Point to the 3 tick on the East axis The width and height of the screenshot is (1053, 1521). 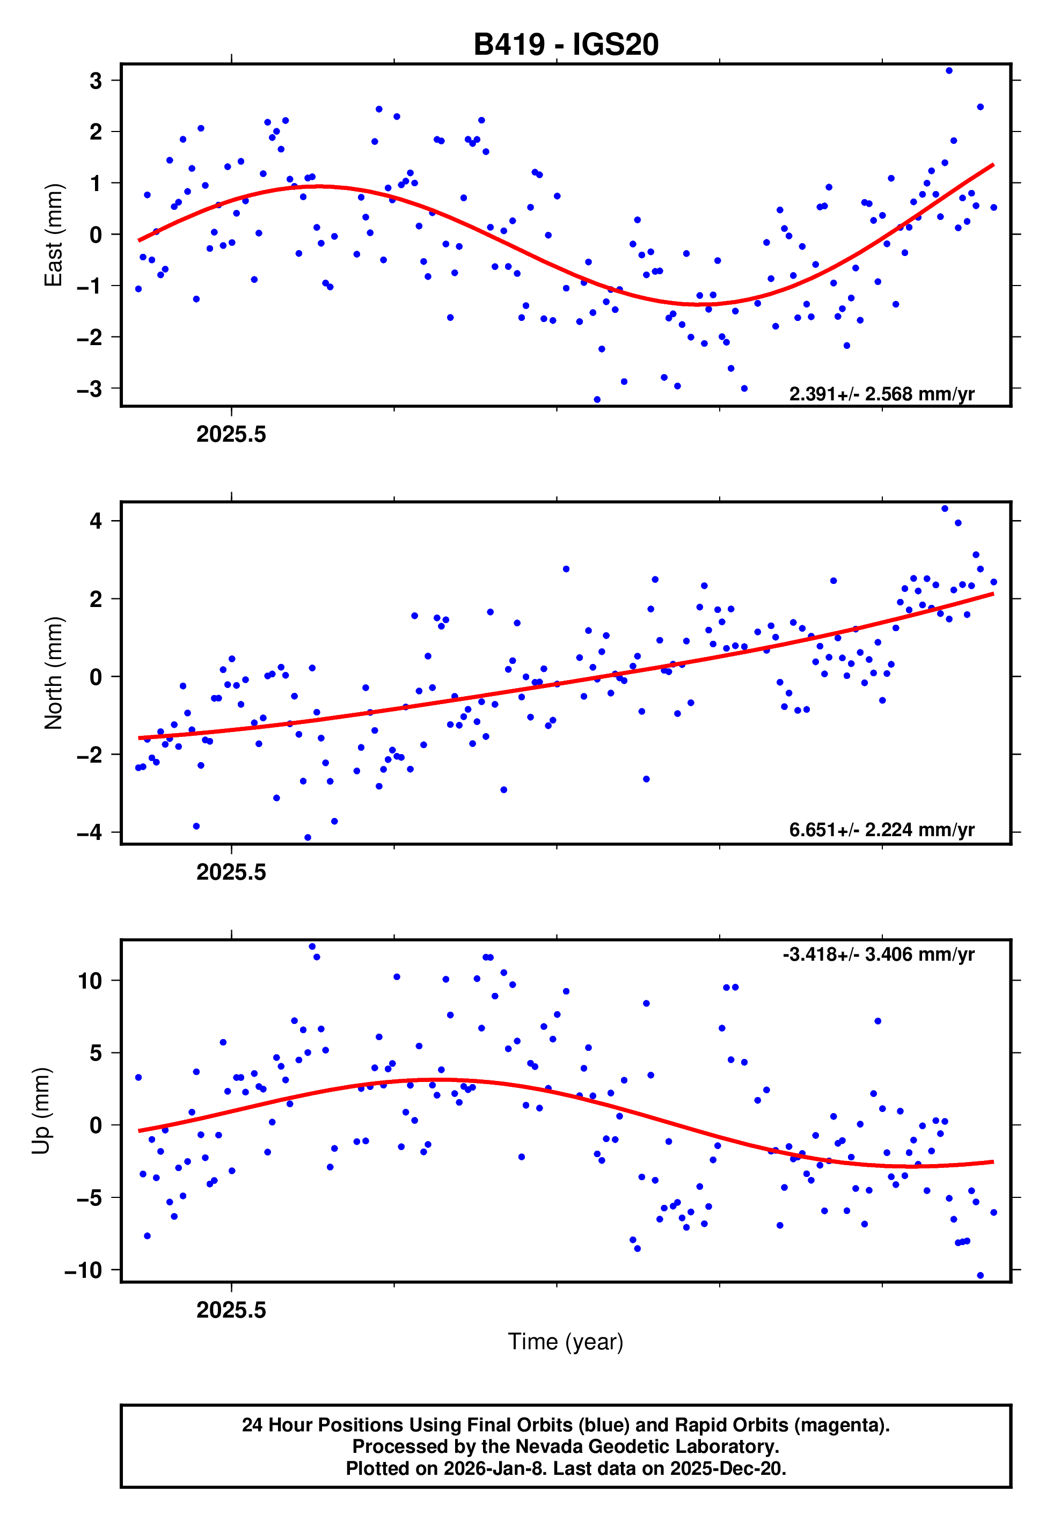pyautogui.click(x=96, y=81)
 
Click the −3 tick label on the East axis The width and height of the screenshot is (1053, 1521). pyautogui.click(x=90, y=389)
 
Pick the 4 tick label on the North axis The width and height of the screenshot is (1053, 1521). pyautogui.click(x=96, y=521)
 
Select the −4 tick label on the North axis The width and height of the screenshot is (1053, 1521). pyautogui.click(x=90, y=832)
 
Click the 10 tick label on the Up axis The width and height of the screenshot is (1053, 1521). pyautogui.click(x=90, y=981)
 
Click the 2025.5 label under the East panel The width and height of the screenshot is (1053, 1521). pyautogui.click(x=231, y=434)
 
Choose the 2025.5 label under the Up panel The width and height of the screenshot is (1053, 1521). pyautogui.click(x=231, y=1310)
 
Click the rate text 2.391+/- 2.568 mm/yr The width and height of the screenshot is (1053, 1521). pyautogui.click(x=881, y=394)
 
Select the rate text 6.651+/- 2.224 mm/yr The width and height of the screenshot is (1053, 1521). pyautogui.click(x=881, y=829)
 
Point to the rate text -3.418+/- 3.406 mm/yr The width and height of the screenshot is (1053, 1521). pyautogui.click(x=878, y=954)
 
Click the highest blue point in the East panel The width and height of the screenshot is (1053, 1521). pyautogui.click(x=949, y=70)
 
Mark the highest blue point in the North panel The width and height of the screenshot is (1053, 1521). pyautogui.click(x=945, y=509)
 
